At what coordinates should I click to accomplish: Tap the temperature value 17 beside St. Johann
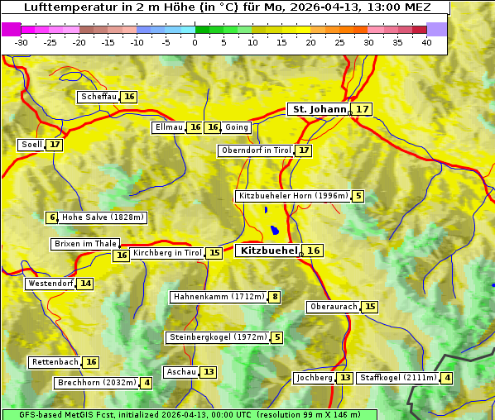[363, 109]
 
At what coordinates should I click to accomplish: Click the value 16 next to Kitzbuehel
[313, 251]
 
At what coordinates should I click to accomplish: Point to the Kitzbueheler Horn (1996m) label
[292, 196]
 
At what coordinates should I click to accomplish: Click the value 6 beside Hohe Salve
[52, 217]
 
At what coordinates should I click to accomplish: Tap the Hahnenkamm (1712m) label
[219, 297]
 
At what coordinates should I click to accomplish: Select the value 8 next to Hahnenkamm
[275, 297]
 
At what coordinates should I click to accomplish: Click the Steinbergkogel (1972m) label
[219, 337]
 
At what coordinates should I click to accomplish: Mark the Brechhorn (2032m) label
[96, 383]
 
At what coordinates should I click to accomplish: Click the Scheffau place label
[99, 97]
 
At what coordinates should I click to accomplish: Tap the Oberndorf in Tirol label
[256, 150]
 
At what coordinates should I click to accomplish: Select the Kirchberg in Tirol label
[166, 253]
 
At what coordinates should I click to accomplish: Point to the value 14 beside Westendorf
[85, 284]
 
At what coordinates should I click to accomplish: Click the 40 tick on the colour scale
[426, 42]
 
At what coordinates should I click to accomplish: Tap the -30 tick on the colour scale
[22, 42]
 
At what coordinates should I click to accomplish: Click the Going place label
[237, 127]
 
